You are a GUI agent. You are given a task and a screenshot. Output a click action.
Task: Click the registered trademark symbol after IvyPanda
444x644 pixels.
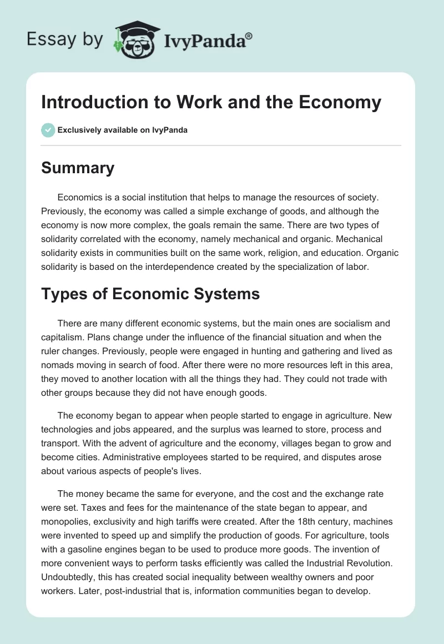[x=249, y=36]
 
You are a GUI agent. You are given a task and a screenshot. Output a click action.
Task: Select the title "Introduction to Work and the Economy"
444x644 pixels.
[x=211, y=102]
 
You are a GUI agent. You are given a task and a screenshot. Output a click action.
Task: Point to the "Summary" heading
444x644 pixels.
[x=78, y=168]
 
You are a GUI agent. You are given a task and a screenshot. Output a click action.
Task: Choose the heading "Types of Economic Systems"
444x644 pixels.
[x=150, y=294]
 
